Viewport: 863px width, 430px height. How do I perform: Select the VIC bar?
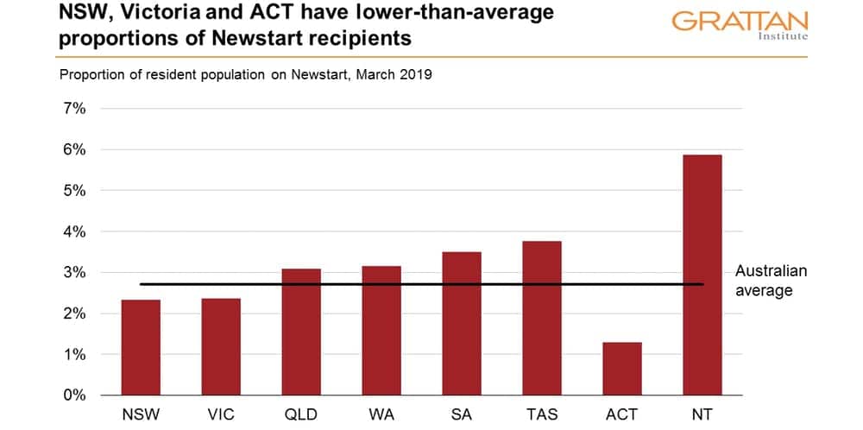[221, 346]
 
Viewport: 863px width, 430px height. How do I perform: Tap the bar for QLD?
[301, 332]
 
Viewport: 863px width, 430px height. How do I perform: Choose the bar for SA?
[462, 323]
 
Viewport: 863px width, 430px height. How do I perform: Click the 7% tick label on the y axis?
[72, 109]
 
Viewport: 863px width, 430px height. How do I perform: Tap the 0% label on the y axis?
[72, 395]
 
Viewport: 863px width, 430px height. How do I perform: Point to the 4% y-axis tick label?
[72, 231]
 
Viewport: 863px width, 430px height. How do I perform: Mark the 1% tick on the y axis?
[72, 355]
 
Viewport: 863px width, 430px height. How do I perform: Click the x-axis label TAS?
[542, 415]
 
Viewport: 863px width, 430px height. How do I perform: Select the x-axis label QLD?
[301, 415]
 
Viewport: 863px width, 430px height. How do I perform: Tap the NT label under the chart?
[702, 415]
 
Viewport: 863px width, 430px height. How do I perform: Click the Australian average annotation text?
[770, 281]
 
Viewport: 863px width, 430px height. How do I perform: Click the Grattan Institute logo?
[740, 24]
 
